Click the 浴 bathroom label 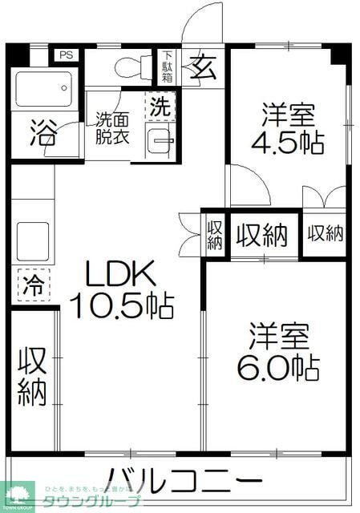43,131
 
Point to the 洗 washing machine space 160,105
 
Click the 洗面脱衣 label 115,128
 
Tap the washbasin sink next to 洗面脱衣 160,142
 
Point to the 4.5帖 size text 288,143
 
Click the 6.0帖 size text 277,367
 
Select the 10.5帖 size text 121,306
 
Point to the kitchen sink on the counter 32,237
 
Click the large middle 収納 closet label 261,235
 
